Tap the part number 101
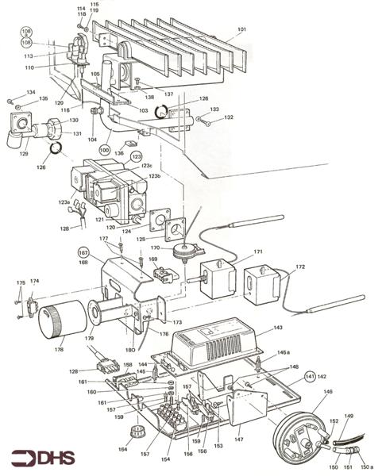click(x=241, y=30)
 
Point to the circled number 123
click(x=136, y=157)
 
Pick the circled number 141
click(x=310, y=377)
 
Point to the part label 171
click(x=258, y=251)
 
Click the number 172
click(x=299, y=267)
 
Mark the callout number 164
click(x=122, y=450)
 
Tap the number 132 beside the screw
click(x=229, y=117)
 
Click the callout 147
click(x=239, y=438)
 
